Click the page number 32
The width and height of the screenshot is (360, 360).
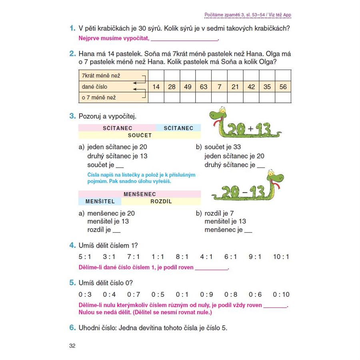(x=72, y=346)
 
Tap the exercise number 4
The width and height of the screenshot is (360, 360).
(x=72, y=245)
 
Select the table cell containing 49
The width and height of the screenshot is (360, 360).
(x=188, y=87)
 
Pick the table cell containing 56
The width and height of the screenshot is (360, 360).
(x=283, y=87)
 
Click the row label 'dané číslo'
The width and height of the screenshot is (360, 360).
(x=95, y=87)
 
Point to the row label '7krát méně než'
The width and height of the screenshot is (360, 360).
(x=101, y=75)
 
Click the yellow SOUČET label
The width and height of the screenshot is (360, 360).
(x=140, y=135)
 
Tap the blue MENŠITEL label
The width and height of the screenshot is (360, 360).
(x=100, y=201)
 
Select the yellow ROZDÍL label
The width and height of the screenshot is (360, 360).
(x=161, y=201)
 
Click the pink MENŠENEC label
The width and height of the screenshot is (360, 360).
(x=140, y=194)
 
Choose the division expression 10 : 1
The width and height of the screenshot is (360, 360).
(x=281, y=257)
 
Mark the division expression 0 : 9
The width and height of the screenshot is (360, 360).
(x=206, y=294)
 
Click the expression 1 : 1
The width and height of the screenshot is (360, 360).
(x=158, y=257)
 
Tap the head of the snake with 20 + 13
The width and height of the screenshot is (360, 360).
(x=218, y=114)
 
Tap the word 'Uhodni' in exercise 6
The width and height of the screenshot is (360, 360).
(x=89, y=328)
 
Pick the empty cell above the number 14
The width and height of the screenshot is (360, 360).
(x=156, y=75)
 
